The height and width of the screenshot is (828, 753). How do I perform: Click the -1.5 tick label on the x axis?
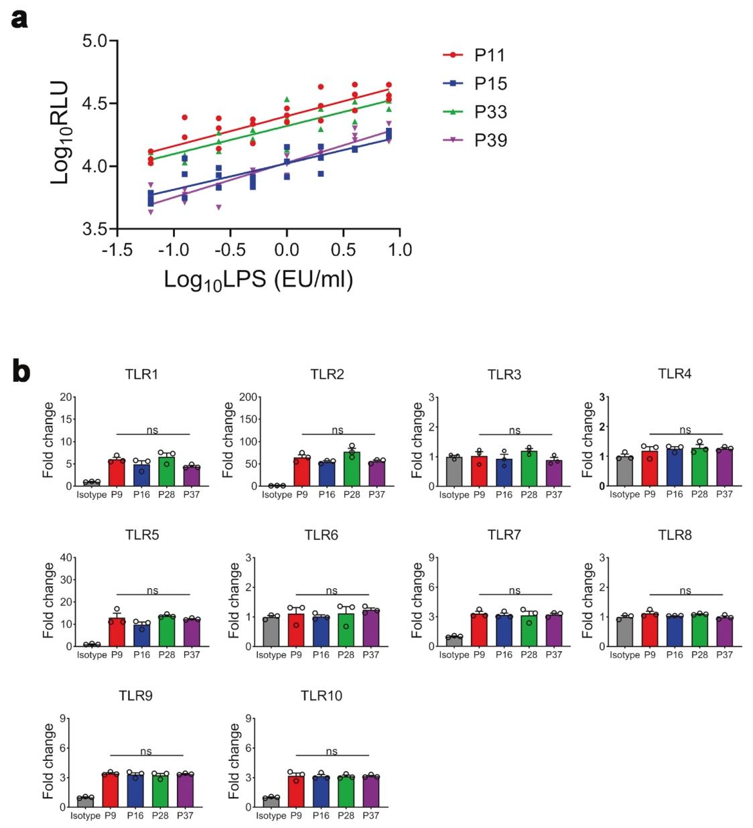[116, 250]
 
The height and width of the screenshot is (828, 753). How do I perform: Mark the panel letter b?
[21, 372]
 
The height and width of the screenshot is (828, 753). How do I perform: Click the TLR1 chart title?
[141, 374]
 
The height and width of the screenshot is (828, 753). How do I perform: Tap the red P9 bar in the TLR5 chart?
[117, 632]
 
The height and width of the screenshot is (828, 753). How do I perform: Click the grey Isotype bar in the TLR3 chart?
[455, 471]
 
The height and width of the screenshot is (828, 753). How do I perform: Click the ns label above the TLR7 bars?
[515, 590]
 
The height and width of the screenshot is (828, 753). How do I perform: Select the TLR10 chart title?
[322, 696]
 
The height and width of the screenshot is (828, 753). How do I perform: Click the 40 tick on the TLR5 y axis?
[66, 557]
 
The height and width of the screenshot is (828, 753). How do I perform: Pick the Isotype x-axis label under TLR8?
[624, 654]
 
